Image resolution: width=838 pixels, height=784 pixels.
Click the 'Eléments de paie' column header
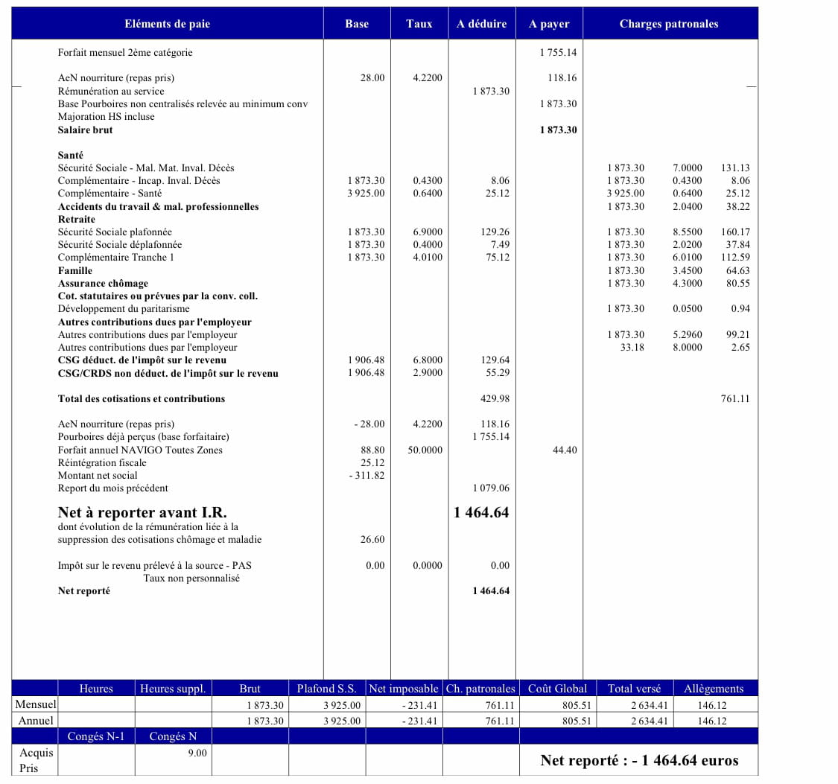pos(167,24)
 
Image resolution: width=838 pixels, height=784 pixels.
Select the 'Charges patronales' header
pos(669,24)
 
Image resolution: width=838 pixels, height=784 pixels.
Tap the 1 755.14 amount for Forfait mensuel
pos(558,53)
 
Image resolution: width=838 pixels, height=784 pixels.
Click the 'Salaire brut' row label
pos(86,130)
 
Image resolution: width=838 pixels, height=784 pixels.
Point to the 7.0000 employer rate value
pos(687,168)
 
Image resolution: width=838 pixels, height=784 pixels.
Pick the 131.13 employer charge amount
pos(735,168)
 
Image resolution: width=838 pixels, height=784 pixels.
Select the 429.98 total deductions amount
pos(495,399)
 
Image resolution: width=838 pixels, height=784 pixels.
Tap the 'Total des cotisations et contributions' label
pos(142,399)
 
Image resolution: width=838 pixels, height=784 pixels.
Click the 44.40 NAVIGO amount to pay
pos(565,450)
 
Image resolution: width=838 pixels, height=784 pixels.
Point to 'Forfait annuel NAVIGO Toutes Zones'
pos(140,450)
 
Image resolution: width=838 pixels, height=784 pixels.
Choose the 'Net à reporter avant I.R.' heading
pos(142,512)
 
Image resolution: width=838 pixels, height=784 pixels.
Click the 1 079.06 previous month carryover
pos(491,488)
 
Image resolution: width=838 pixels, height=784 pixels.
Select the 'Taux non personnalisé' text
pos(191,579)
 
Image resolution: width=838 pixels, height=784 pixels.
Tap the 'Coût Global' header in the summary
pos(557,689)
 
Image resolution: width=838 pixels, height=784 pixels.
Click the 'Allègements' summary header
pos(713,689)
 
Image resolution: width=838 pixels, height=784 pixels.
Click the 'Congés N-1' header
pos(96,736)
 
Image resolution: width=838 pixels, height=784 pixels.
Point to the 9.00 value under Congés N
pos(197,753)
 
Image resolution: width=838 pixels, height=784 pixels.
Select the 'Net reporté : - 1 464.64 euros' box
pos(639,760)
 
